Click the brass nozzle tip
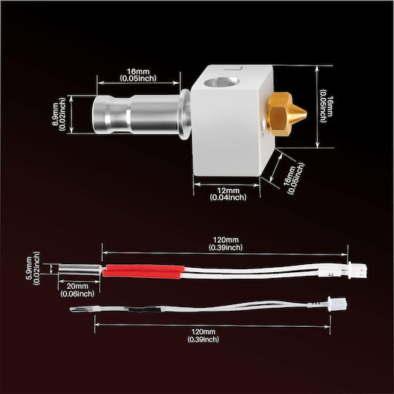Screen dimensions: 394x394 click(306, 115)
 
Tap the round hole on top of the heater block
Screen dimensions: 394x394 click(221, 82)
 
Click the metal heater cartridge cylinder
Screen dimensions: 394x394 click(80, 270)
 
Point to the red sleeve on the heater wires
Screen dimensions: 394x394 click(143, 271)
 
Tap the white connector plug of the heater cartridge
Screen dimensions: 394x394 click(358, 270)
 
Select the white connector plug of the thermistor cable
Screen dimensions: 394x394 click(338, 304)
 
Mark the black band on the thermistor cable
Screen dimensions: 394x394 click(142, 309)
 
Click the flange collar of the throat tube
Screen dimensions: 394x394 click(185, 114)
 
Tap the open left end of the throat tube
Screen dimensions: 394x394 click(96, 115)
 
